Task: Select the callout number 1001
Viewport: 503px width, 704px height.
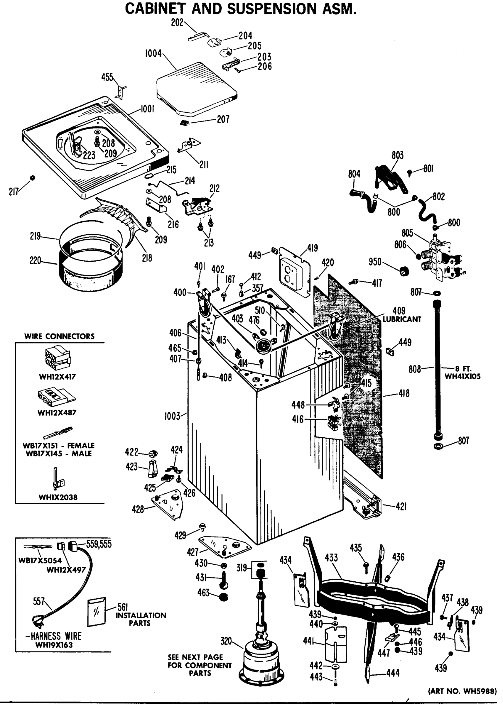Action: [147, 109]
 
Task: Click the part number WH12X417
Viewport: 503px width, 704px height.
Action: [57, 377]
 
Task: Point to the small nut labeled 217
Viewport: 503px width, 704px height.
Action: [33, 178]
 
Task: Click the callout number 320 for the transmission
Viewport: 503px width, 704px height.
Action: [226, 641]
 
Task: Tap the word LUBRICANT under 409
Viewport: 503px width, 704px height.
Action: [402, 319]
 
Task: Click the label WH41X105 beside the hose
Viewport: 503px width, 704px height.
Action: [463, 376]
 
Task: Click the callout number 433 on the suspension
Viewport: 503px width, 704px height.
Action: [331, 558]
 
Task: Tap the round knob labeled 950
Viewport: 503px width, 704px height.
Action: [404, 272]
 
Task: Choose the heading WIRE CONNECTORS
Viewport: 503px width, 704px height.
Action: [59, 336]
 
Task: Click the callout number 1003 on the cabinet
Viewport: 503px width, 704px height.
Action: [172, 416]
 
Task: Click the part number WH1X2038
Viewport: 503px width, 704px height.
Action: [58, 497]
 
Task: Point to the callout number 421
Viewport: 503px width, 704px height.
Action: [401, 507]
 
